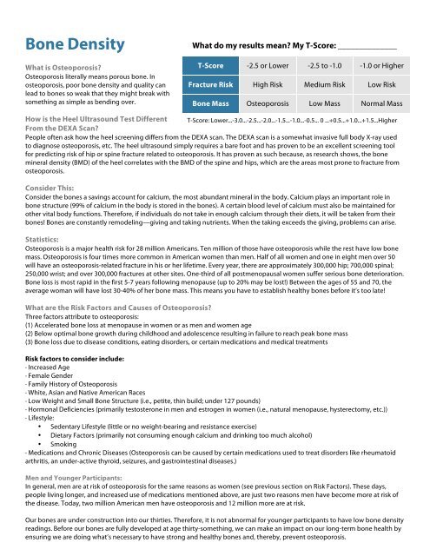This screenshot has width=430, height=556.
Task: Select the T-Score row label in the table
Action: [208, 66]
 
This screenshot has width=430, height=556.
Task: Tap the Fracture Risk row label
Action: [208, 86]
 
